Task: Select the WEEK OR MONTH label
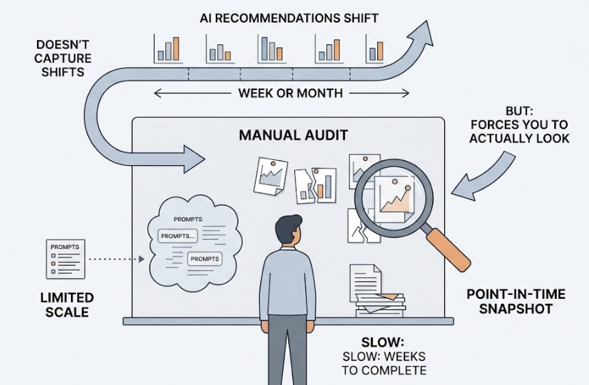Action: coord(290,93)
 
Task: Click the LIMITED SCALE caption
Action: coord(66,305)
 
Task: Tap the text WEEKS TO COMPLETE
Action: coord(385,364)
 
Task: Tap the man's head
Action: coord(287,231)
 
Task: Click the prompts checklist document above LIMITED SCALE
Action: coord(66,259)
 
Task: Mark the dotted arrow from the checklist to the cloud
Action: coord(115,259)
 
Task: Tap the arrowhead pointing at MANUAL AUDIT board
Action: coord(194,159)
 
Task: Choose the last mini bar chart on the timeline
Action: coord(375,49)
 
